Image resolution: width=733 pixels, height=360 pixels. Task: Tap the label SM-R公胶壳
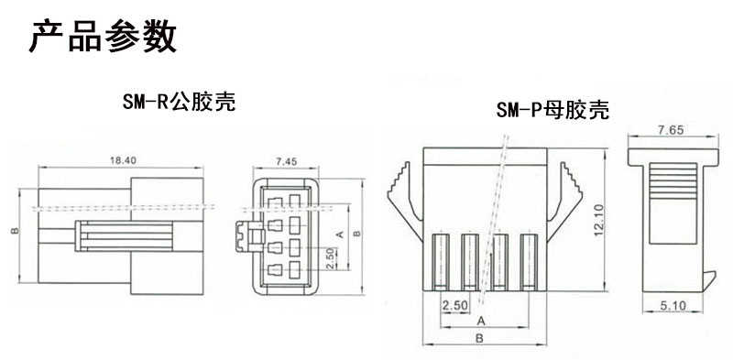pos(179,102)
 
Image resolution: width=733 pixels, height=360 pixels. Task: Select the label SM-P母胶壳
pos(552,111)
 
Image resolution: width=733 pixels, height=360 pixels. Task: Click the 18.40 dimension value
pos(123,160)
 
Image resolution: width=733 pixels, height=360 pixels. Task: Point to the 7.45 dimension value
pos(286,161)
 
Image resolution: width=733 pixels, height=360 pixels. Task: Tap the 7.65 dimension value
pos(670,130)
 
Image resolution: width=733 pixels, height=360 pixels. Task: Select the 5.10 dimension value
pos(670,307)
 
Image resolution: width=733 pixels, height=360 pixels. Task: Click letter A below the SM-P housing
pos(480,321)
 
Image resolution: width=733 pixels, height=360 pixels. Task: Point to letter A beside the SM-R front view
pos(341,235)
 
